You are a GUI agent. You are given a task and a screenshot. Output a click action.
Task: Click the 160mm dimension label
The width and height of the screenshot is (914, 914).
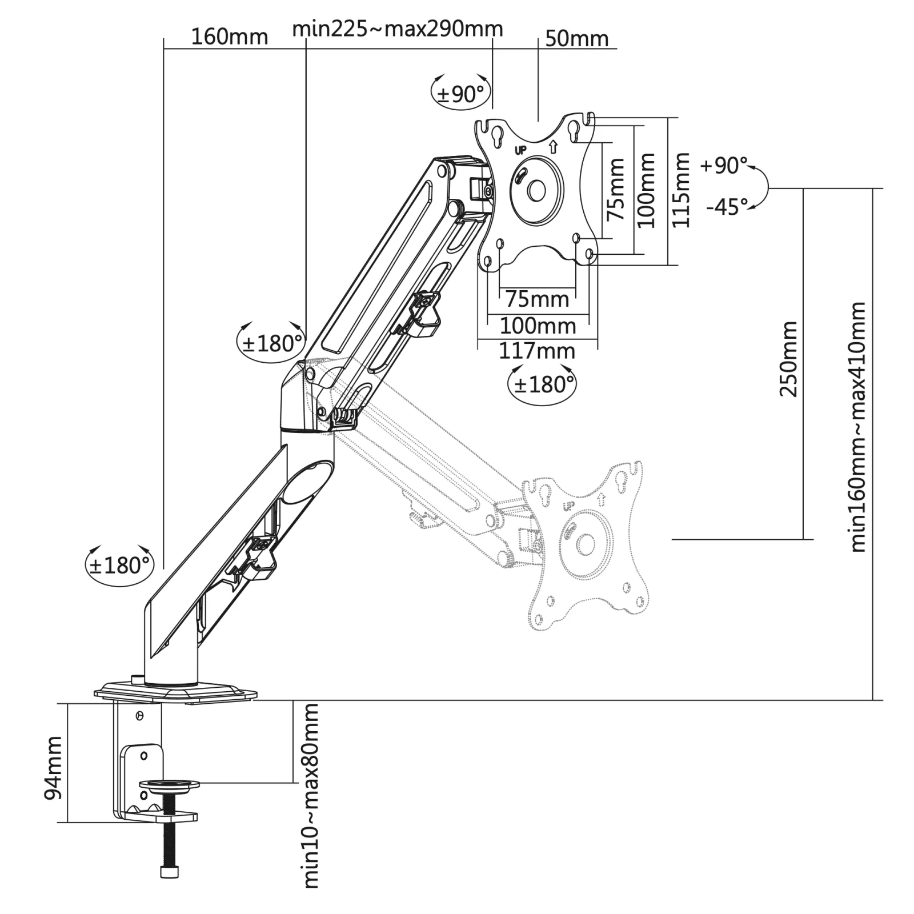tap(229, 37)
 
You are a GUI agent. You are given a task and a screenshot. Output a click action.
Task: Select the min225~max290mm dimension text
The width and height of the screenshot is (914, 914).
tap(398, 28)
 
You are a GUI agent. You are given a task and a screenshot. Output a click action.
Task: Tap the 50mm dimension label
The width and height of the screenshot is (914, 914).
tap(577, 39)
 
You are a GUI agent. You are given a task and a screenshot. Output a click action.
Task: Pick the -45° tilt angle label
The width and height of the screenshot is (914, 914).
tap(727, 206)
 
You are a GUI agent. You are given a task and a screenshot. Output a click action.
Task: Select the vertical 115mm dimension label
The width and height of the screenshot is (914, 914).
tap(681, 190)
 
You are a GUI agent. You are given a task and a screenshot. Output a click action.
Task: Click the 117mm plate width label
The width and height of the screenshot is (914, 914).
tap(537, 351)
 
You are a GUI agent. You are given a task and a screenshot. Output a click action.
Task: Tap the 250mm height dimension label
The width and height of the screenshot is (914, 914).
tap(789, 359)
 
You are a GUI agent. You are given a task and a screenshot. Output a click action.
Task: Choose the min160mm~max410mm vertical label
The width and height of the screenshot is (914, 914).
tap(858, 427)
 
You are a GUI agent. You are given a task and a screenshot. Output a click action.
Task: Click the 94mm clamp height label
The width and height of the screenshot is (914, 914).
tap(53, 768)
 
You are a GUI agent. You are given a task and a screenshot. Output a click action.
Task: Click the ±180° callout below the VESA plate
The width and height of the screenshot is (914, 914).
tap(542, 384)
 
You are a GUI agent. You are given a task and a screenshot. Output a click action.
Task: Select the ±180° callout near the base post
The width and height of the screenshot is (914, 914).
tap(120, 566)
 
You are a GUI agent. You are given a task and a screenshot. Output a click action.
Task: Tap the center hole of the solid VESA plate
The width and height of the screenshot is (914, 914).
tap(536, 191)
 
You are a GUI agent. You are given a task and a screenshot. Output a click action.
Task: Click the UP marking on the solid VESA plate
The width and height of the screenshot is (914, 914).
tap(520, 151)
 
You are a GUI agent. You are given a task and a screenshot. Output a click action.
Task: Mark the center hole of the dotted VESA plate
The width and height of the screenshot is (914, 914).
tap(586, 544)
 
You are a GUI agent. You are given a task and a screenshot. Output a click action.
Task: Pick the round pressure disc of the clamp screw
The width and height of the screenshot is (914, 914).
tap(170, 784)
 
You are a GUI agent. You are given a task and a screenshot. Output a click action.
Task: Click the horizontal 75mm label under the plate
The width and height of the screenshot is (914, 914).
tap(537, 299)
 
